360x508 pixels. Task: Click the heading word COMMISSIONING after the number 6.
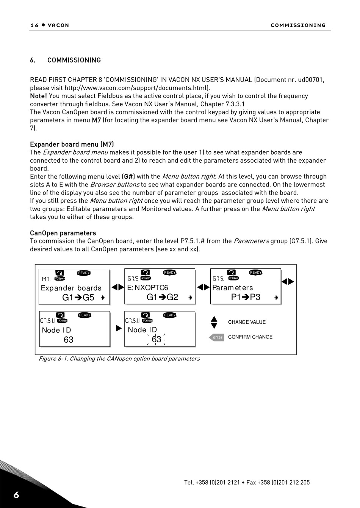pos(74,60)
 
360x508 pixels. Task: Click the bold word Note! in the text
pos(39,96)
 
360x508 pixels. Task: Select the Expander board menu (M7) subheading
pos(72,144)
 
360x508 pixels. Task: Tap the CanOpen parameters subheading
pos(63,233)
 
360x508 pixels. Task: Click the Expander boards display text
pos(71,288)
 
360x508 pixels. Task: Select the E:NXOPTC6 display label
pos(148,288)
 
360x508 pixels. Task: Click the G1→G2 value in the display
pos(162,297)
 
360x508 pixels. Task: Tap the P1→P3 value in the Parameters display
pos(246,297)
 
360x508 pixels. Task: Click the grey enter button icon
pos(217,337)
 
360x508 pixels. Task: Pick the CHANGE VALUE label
pos(247,322)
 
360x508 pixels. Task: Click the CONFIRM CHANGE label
pos(250,337)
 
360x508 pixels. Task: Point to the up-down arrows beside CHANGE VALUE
pos(214,322)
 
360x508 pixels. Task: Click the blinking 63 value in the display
pos(156,339)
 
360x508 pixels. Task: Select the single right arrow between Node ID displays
pos(119,328)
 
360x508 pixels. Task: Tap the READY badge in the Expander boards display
pos(84,273)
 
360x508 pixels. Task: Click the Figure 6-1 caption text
pos(119,359)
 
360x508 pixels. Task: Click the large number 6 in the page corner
pos(16,495)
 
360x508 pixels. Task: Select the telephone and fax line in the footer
pos(247,483)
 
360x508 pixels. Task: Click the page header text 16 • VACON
pos(50,25)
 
